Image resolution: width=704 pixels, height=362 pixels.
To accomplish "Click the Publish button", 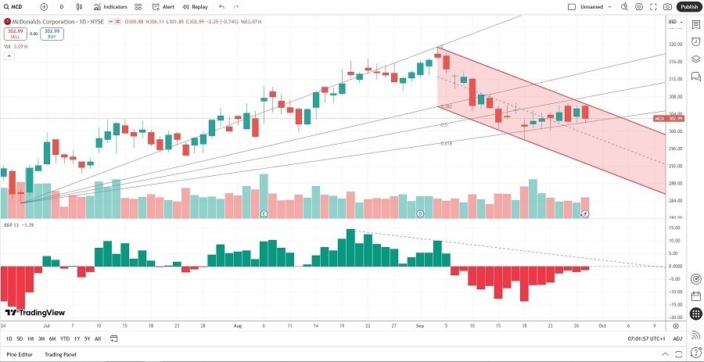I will point(688,6).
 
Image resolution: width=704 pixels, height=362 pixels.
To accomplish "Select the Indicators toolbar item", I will point(110,6).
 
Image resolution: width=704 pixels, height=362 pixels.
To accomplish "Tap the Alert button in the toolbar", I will point(163,6).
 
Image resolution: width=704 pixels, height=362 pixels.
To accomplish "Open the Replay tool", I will point(196,6).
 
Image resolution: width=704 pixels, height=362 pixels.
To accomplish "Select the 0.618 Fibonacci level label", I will point(445,143).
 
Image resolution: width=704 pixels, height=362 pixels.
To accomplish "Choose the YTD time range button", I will point(64,339).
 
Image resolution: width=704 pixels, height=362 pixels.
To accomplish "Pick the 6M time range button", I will point(52,339).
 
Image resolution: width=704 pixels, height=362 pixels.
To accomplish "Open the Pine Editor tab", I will point(20,355).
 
